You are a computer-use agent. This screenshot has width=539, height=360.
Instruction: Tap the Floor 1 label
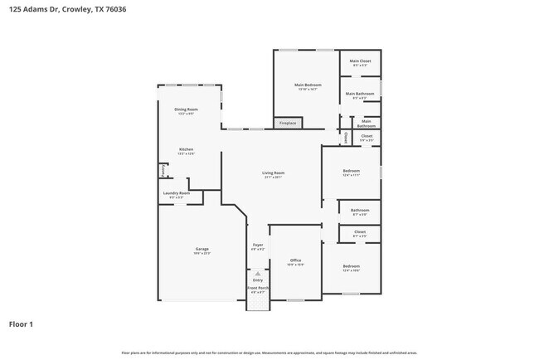click(x=22, y=324)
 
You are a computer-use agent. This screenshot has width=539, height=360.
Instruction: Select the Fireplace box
click(x=288, y=124)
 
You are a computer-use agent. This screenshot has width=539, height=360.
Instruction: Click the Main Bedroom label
click(x=307, y=85)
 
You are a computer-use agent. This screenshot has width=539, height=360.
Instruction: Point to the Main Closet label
click(x=360, y=61)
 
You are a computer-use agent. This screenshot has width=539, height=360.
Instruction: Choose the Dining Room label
click(x=186, y=109)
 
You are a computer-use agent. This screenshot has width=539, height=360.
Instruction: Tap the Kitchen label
click(x=186, y=150)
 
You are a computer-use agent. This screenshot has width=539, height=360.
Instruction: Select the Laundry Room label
click(x=176, y=193)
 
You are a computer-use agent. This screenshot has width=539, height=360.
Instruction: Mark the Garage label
click(x=202, y=250)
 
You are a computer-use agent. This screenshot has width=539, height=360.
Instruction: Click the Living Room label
click(x=273, y=173)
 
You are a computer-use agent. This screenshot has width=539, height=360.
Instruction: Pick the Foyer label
click(x=257, y=245)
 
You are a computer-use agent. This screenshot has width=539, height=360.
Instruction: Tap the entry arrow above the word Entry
click(x=257, y=272)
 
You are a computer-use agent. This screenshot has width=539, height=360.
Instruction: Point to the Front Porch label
click(x=257, y=288)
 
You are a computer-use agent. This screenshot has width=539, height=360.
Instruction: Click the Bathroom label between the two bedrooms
click(x=360, y=211)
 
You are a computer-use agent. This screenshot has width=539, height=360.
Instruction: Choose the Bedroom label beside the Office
click(x=352, y=266)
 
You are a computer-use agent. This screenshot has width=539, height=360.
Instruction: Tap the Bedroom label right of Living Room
click(x=352, y=172)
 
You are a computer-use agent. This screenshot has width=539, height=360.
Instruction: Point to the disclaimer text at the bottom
click(x=269, y=353)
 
